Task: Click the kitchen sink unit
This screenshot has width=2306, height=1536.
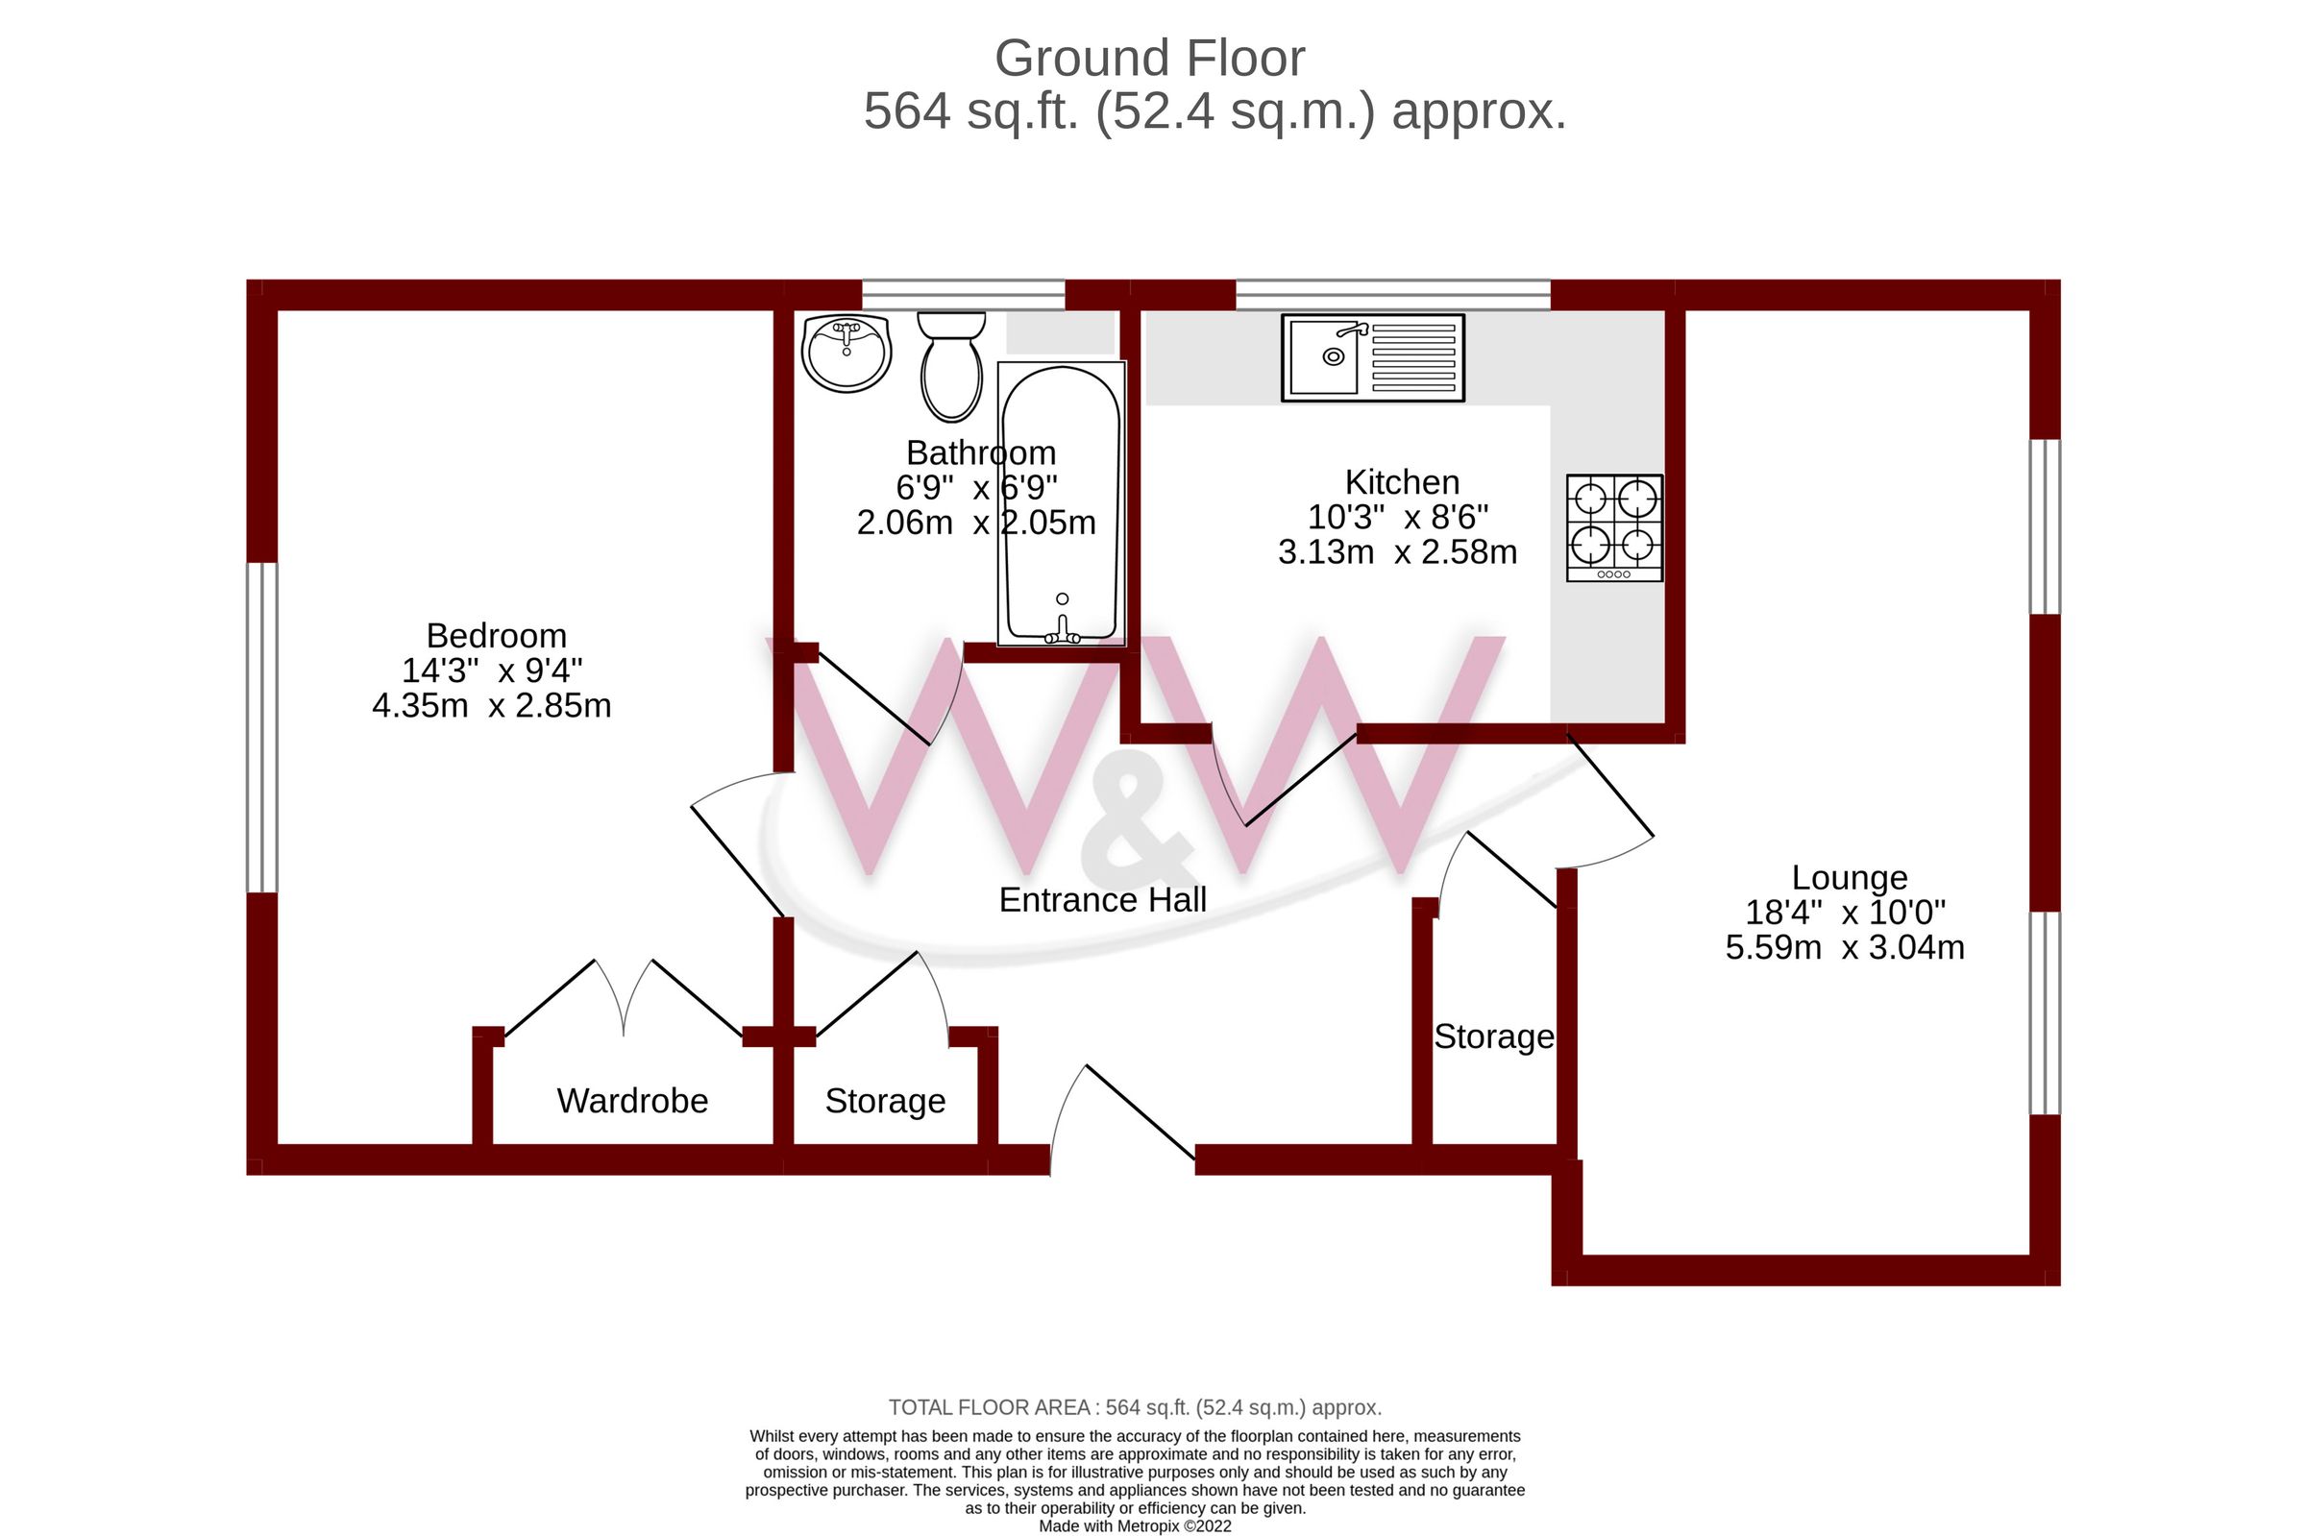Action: (1371, 357)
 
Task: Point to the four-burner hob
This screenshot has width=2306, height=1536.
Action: (1613, 527)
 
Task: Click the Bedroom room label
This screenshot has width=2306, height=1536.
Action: (496, 636)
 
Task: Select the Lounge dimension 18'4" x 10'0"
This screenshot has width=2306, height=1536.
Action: (1845, 912)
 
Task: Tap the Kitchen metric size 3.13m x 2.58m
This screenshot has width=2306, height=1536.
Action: (1397, 552)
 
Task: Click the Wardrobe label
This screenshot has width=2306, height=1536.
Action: (632, 1100)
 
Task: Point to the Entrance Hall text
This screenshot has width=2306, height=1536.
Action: (1102, 899)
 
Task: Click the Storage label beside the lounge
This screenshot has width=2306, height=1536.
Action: (1493, 1036)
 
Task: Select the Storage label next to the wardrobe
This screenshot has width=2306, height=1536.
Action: (885, 1100)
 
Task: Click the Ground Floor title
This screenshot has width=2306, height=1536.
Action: (1149, 59)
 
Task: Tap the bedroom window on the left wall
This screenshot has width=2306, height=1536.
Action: (261, 727)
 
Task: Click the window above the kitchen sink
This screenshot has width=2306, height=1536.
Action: (1391, 294)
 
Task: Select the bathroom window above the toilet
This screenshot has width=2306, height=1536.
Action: (962, 294)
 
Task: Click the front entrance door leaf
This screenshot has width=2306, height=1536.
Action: (1140, 1110)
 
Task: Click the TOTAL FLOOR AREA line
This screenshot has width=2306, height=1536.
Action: (1135, 1407)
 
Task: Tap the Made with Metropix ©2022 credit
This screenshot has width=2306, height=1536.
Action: (1135, 1526)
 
